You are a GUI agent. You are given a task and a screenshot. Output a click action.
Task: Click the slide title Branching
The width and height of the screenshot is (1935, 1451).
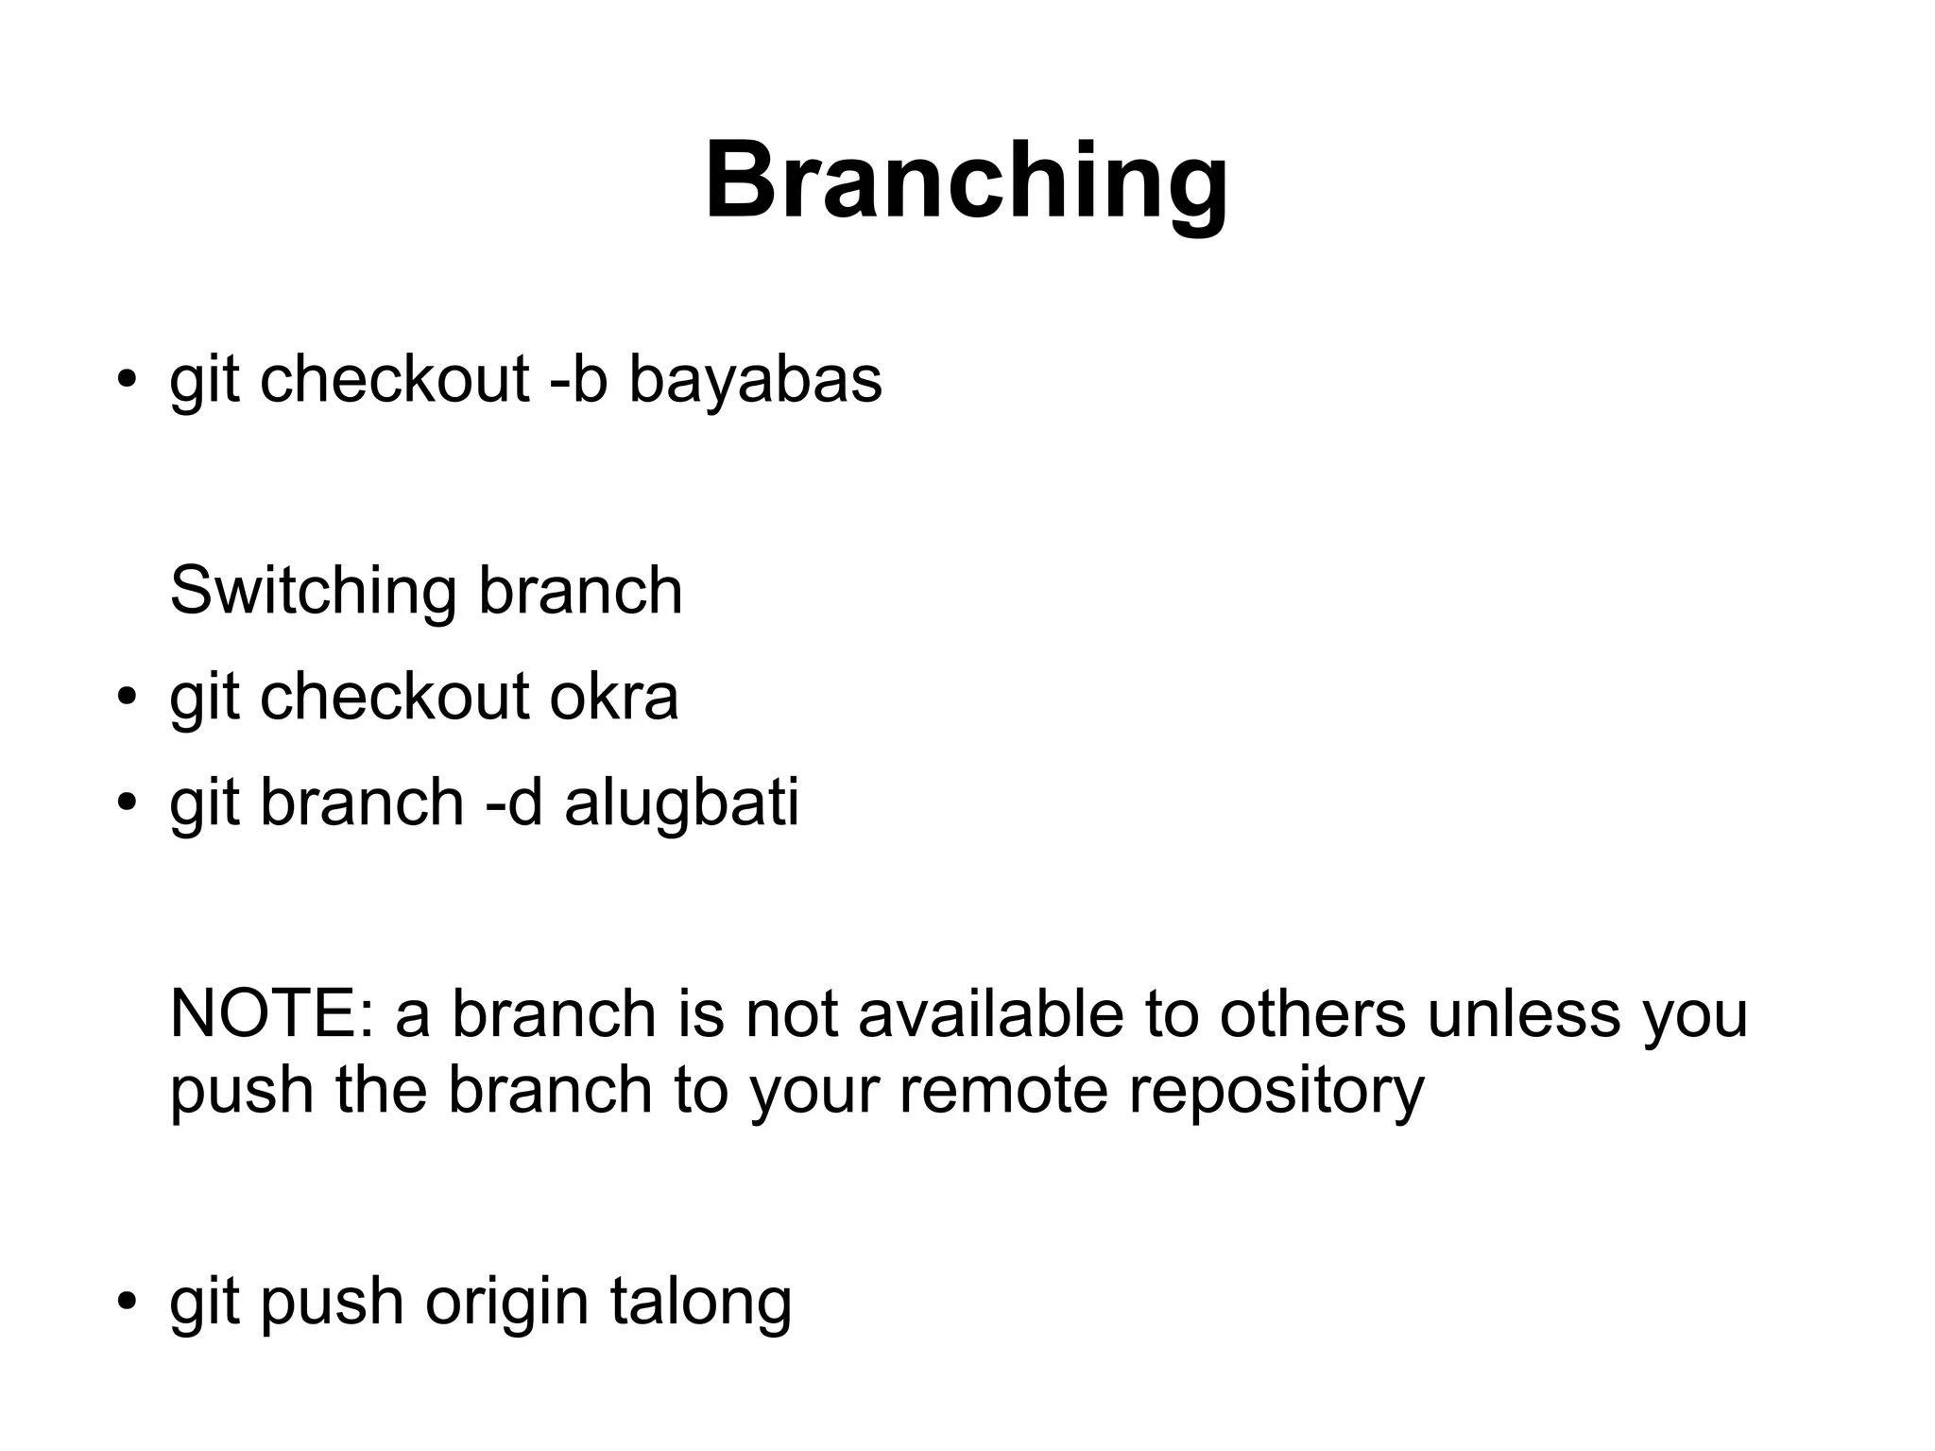(967, 181)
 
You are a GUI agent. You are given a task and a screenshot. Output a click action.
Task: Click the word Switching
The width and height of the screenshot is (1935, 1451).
(313, 592)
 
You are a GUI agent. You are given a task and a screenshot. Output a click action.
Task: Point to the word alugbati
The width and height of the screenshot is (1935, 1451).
(681, 803)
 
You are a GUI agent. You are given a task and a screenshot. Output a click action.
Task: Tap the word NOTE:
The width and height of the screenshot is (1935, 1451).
(271, 1014)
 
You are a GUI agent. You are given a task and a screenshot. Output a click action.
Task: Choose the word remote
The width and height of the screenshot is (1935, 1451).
(1002, 1090)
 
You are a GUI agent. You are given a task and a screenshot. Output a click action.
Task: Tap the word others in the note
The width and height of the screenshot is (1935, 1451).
(1311, 1014)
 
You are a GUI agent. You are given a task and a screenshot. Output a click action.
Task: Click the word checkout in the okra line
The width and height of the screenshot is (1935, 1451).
(394, 698)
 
